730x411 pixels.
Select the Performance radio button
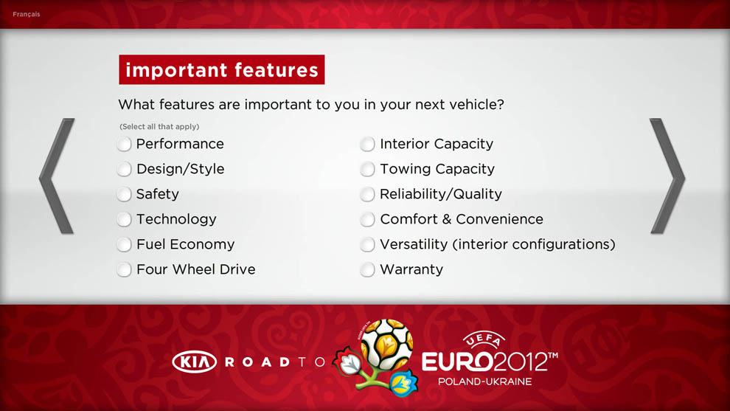(125, 144)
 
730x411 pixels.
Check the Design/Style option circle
(125, 169)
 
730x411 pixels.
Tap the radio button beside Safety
(125, 194)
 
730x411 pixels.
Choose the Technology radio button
(125, 219)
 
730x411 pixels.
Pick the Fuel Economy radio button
(125, 245)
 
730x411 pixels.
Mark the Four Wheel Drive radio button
(125, 270)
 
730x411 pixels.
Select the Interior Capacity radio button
(367, 144)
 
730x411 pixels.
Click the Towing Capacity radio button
(367, 169)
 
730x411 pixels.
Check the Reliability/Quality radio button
(367, 194)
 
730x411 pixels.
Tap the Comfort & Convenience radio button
(367, 219)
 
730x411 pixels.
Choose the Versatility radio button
(367, 245)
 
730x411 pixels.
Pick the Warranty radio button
(367, 270)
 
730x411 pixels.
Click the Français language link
(27, 15)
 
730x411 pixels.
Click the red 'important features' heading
(222, 69)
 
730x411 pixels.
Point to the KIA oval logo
(194, 362)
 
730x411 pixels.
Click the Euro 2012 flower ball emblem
(377, 357)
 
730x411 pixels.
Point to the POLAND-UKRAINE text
(484, 381)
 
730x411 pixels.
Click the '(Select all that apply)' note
(159, 127)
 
